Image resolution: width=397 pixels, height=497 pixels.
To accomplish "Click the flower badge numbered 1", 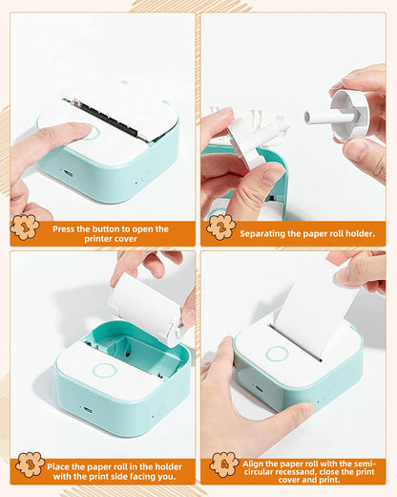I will tap(25, 227).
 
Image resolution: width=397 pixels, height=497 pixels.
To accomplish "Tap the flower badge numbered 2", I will tap(221, 227).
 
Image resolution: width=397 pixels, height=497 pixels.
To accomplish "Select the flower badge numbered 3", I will tap(30, 465).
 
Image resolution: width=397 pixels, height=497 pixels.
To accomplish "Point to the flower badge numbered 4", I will tap(224, 465).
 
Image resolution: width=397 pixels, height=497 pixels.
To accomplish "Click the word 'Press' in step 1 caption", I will tap(67, 228).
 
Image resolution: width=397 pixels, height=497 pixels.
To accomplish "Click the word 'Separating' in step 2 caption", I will tap(264, 233).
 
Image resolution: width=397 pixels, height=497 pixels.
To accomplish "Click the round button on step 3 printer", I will tap(104, 370).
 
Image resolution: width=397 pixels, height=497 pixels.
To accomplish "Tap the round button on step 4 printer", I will tap(277, 354).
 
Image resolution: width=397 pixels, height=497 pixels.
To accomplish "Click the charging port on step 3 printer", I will tap(87, 409).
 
